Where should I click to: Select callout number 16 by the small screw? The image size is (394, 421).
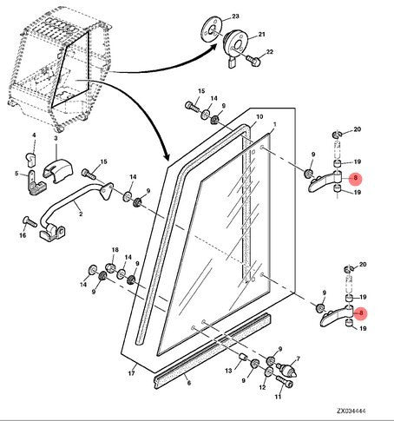(23, 234)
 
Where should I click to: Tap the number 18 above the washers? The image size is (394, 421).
(114, 250)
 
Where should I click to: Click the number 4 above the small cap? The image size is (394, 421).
(34, 136)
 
